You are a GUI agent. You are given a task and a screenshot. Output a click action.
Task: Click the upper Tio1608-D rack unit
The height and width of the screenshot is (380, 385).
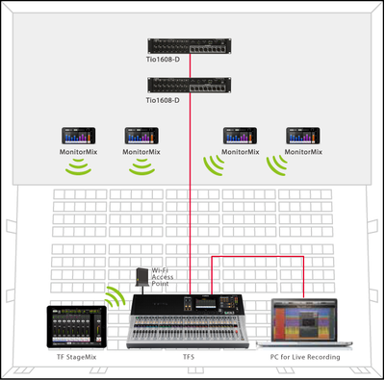pos(190,46)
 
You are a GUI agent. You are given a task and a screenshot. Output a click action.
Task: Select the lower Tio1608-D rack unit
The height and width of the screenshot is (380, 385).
pos(190,85)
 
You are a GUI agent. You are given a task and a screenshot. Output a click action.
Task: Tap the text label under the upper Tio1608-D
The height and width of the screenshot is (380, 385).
pos(163,60)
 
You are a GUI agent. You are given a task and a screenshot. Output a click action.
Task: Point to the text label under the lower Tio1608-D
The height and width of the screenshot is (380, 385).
pos(163,100)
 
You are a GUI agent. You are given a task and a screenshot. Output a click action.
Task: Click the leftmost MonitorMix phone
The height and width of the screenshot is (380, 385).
pos(79,136)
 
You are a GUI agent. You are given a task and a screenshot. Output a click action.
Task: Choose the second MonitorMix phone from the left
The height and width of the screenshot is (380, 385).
pos(141,136)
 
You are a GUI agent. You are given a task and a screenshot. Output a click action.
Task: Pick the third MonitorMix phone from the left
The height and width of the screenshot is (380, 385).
pos(240,136)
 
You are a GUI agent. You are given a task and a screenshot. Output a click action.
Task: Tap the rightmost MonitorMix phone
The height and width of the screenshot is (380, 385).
pos(303,136)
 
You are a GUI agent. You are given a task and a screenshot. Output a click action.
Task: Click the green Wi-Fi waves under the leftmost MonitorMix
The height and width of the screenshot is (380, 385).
pos(78,167)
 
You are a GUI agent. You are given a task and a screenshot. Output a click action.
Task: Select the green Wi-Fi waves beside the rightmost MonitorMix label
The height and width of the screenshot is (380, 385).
pos(277,166)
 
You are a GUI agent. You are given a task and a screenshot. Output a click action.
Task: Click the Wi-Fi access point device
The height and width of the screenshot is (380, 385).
pos(142,277)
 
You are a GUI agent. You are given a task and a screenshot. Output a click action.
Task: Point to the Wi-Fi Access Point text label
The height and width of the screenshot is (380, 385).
pos(163,277)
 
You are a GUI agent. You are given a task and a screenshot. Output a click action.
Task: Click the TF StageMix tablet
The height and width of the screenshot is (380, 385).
pos(77,327)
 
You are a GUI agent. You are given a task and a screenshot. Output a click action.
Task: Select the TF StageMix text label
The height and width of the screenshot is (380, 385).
pos(76,357)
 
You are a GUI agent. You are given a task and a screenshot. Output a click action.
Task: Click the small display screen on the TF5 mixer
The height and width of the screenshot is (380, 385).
pos(206,303)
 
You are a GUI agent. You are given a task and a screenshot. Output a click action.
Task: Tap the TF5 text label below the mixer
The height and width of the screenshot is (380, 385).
pos(189,357)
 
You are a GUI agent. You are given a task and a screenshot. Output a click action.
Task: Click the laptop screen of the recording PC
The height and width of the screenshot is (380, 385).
pos(304,321)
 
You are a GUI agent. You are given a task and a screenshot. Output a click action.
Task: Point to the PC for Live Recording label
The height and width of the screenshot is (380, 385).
pos(305,357)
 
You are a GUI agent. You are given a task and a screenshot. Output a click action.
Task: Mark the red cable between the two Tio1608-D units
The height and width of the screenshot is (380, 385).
pos(190,65)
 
